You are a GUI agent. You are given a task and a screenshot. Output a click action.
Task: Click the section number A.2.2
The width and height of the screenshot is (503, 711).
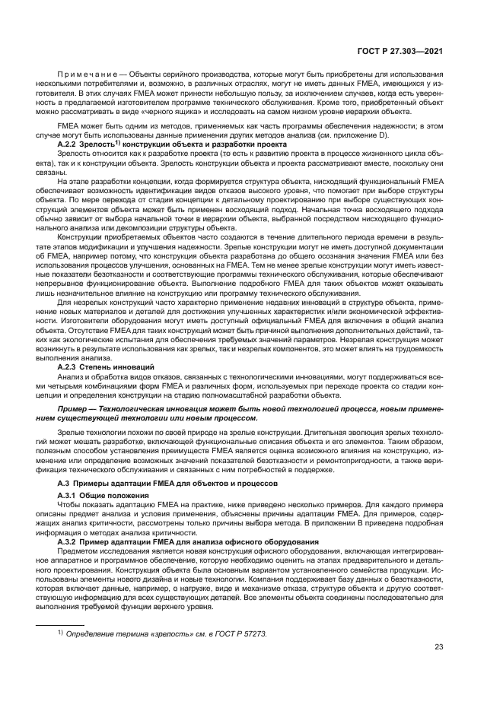[69, 144]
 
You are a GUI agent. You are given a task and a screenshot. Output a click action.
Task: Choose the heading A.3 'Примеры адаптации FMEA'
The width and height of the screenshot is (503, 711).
[160, 484]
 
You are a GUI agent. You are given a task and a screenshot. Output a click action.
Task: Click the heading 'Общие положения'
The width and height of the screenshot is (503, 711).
[118, 496]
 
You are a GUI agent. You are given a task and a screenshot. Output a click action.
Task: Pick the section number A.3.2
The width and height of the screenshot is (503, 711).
[69, 541]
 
